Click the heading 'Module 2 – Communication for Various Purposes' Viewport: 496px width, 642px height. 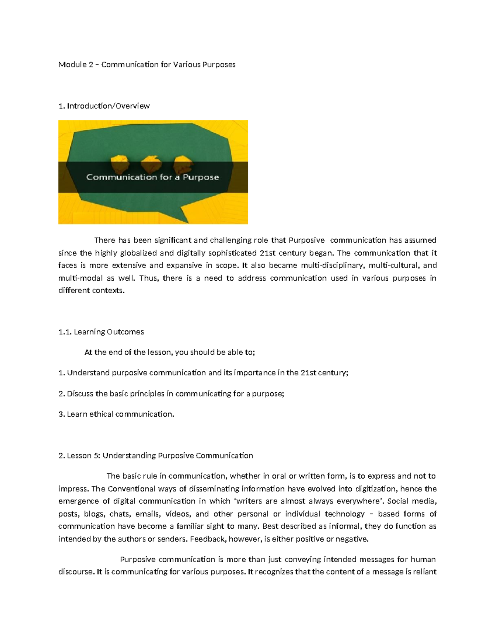tap(147, 64)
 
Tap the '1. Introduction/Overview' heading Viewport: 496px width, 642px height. tap(104, 106)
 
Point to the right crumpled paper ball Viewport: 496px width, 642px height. tap(182, 164)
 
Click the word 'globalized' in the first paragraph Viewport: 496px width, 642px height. tap(138, 253)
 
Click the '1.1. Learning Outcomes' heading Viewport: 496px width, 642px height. tap(101, 332)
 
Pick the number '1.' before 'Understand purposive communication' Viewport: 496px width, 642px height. tap(62, 373)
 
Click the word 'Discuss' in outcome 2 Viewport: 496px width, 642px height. tap(80, 394)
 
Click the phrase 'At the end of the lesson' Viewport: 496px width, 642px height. tap(129, 352)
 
